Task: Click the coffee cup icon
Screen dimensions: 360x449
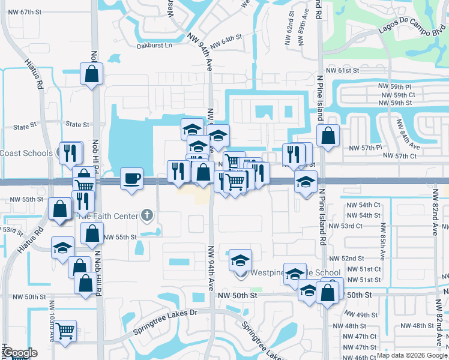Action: click(132, 178)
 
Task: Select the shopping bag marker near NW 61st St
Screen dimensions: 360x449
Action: click(91, 75)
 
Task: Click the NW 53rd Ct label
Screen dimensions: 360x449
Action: click(363, 226)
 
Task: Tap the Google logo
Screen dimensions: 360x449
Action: click(19, 353)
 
